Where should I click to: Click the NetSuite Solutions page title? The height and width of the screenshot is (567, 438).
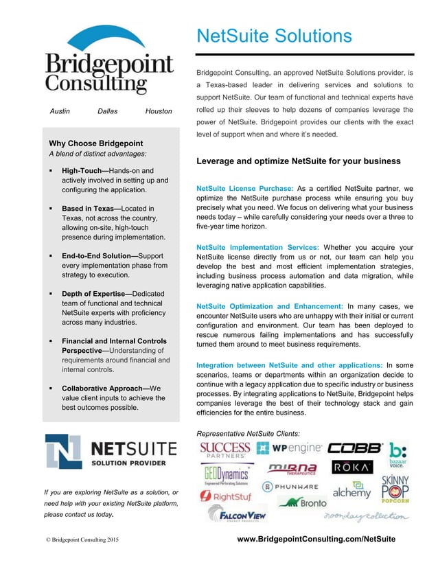coord(274,36)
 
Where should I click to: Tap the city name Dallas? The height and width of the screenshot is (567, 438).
coord(108,111)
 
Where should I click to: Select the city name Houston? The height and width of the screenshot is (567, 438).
coord(158,111)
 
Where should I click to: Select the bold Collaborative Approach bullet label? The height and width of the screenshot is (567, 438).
coord(105,388)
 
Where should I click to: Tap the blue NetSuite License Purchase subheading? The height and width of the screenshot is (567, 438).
coord(245,188)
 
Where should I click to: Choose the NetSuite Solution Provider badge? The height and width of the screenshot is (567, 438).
coord(111,454)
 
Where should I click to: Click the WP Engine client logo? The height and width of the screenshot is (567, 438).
coord(289,449)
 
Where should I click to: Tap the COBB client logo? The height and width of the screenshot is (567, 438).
coord(354,448)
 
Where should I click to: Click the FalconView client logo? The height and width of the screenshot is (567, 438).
coord(238,514)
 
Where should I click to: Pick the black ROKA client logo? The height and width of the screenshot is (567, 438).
coord(352,467)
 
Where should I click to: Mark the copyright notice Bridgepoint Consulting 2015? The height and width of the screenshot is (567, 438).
coord(82,540)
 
